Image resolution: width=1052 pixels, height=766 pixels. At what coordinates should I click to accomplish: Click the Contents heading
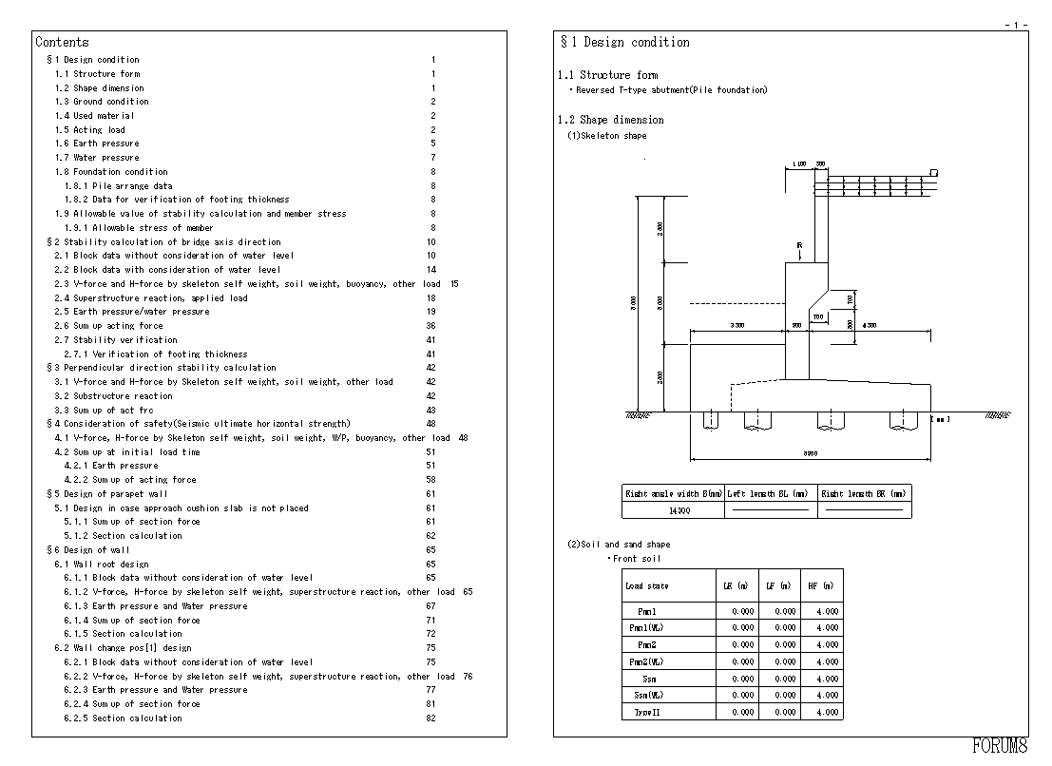pyautogui.click(x=62, y=42)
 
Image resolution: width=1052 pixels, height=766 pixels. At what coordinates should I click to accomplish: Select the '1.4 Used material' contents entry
pyautogui.click(x=94, y=116)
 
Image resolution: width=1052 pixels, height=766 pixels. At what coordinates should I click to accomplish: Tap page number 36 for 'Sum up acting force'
pyautogui.click(x=431, y=326)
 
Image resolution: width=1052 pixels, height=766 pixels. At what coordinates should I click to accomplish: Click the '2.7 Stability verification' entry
pyautogui.click(x=115, y=339)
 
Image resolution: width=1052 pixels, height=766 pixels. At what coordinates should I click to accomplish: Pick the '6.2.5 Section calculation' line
pyautogui.click(x=123, y=718)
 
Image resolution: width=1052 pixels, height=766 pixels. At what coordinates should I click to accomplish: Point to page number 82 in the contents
pyautogui.click(x=431, y=718)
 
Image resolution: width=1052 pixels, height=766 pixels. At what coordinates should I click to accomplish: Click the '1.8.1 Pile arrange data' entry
pyautogui.click(x=118, y=186)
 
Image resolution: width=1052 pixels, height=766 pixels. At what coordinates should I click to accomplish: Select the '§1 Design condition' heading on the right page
pyautogui.click(x=624, y=42)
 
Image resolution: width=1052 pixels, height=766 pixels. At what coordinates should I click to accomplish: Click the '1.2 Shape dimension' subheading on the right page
pyautogui.click(x=610, y=120)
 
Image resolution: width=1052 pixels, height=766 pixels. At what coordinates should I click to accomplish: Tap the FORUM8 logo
pyautogui.click(x=1000, y=746)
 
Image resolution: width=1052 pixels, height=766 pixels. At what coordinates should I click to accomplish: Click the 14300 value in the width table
pyautogui.click(x=679, y=510)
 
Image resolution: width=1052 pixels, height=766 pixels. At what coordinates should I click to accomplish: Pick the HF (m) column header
pyautogui.click(x=822, y=586)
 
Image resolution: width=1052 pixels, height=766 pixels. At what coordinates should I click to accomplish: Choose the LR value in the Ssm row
pyautogui.click(x=743, y=679)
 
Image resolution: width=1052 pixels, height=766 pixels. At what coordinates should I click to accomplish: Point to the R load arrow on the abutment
pyautogui.click(x=800, y=252)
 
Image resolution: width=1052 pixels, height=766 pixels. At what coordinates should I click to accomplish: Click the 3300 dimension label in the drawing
pyautogui.click(x=736, y=325)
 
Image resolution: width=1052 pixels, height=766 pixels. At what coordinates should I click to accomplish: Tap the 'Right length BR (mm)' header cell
pyautogui.click(x=864, y=493)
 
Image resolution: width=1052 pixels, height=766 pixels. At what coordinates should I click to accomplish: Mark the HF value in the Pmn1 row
pyautogui.click(x=827, y=611)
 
